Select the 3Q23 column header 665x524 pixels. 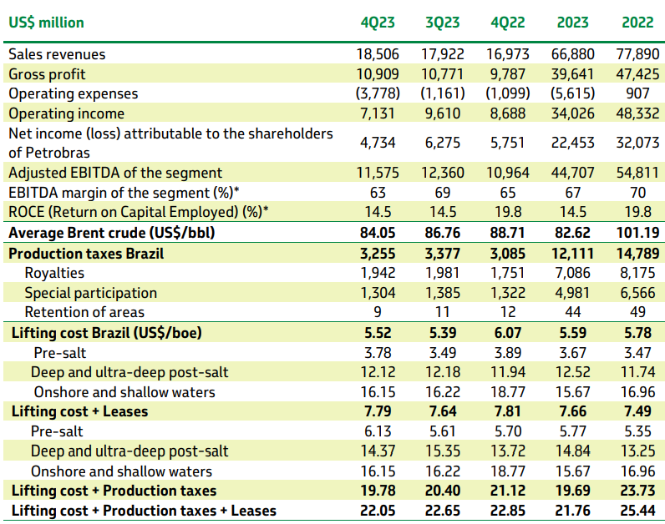coord(443,23)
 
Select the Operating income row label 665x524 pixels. coord(66,113)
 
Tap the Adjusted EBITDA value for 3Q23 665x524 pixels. coord(443,173)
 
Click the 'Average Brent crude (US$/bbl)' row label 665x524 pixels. coord(111,233)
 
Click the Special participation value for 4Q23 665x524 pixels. coord(378,293)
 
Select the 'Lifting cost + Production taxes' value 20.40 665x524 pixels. coord(443,491)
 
